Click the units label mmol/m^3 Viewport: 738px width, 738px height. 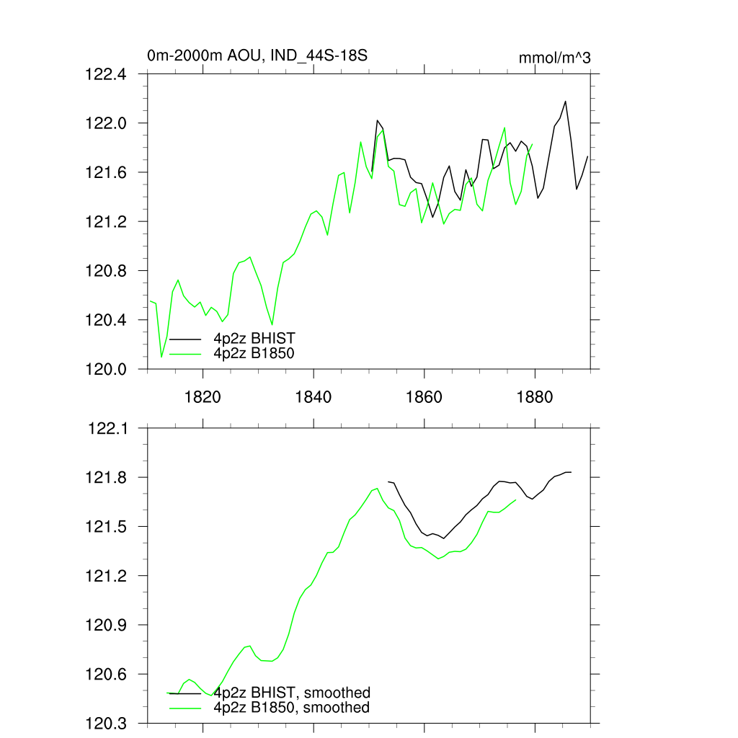point(554,58)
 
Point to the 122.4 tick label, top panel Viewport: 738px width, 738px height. point(106,74)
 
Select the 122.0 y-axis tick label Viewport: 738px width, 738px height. point(106,123)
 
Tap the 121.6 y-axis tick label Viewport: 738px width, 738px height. point(106,172)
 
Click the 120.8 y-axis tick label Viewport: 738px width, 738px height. point(106,271)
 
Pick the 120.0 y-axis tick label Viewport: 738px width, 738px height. point(106,369)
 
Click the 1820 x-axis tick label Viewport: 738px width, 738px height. point(203,396)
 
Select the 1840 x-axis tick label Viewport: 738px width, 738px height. point(314,396)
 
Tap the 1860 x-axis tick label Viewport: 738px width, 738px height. point(424,396)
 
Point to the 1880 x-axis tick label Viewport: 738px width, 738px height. point(535,396)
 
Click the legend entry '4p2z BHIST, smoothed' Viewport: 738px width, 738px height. point(292,693)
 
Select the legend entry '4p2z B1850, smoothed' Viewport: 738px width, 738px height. point(292,708)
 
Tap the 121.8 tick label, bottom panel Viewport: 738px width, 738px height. point(106,477)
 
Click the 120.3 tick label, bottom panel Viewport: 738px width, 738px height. point(106,723)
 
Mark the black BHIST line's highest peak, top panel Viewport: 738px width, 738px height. point(565,101)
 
